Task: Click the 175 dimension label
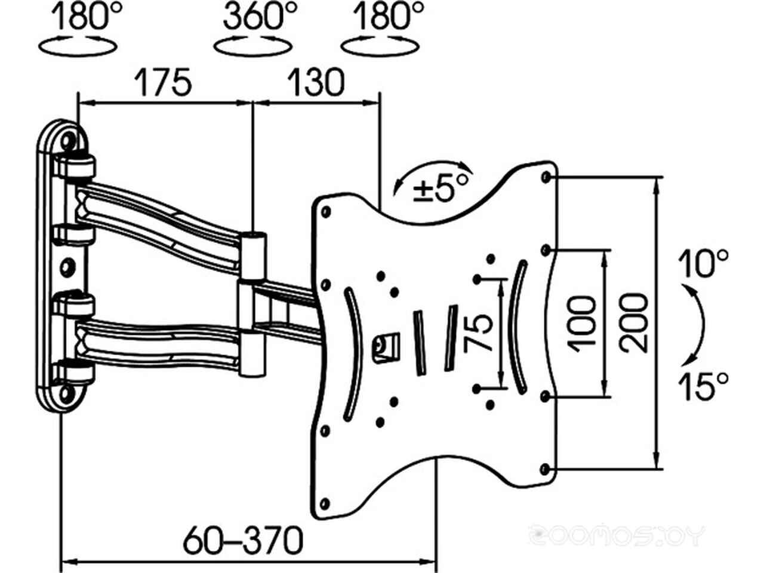(162, 82)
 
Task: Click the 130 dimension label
(316, 82)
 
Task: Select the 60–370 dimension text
(243, 540)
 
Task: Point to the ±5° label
(440, 188)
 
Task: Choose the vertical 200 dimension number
(633, 324)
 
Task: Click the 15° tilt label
(703, 386)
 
